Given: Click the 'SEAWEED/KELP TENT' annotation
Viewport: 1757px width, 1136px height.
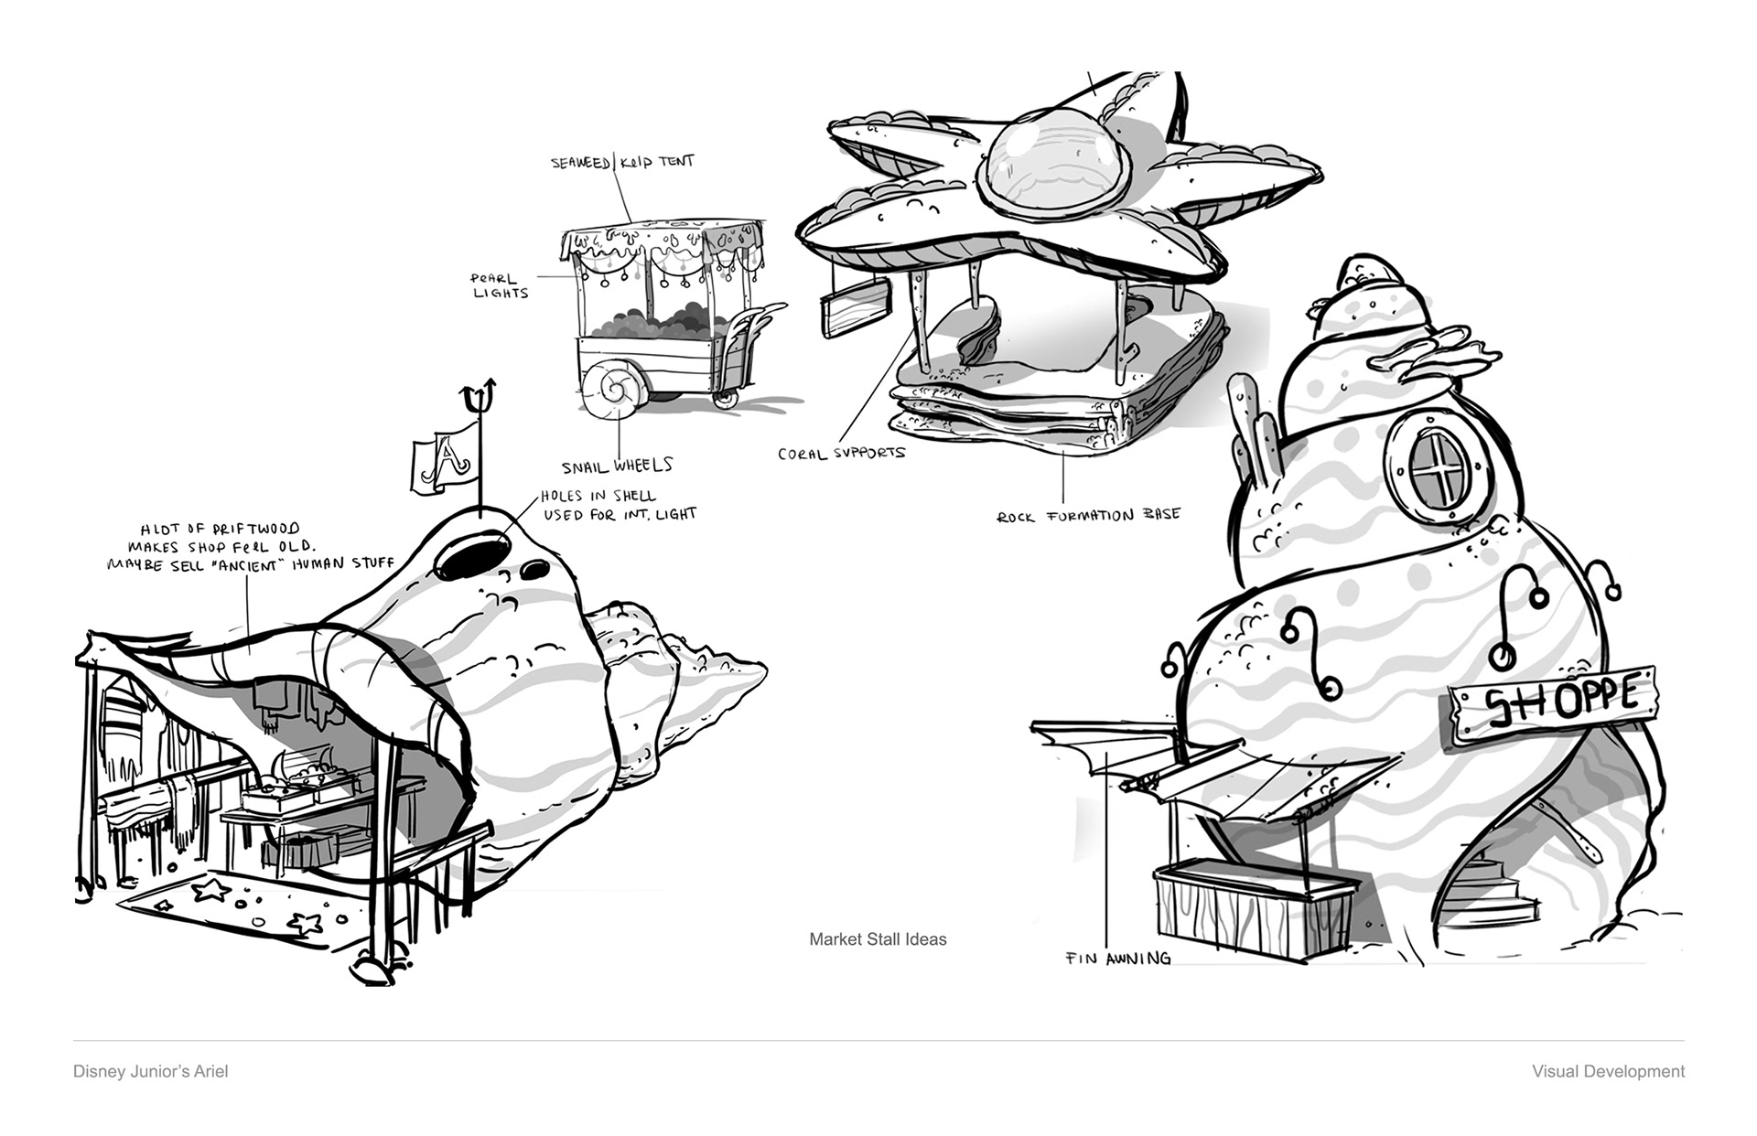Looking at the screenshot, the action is click(x=622, y=163).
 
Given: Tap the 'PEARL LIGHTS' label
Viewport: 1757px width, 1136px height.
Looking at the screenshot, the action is click(x=500, y=285).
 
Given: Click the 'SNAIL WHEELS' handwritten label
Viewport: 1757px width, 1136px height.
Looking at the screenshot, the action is click(x=617, y=466).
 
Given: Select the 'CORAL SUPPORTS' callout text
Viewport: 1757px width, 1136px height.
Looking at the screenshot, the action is click(x=841, y=453).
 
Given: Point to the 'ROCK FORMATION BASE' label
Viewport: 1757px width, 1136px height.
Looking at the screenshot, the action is click(x=1088, y=515).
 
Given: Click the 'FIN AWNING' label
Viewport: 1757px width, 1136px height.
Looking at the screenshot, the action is click(x=1117, y=959).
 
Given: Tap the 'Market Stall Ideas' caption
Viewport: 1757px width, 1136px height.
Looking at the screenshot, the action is click(x=878, y=939).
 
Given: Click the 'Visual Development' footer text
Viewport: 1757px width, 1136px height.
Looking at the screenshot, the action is click(x=1608, y=1071).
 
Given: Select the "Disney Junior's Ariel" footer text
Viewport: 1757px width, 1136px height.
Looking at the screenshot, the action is click(x=151, y=1071).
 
